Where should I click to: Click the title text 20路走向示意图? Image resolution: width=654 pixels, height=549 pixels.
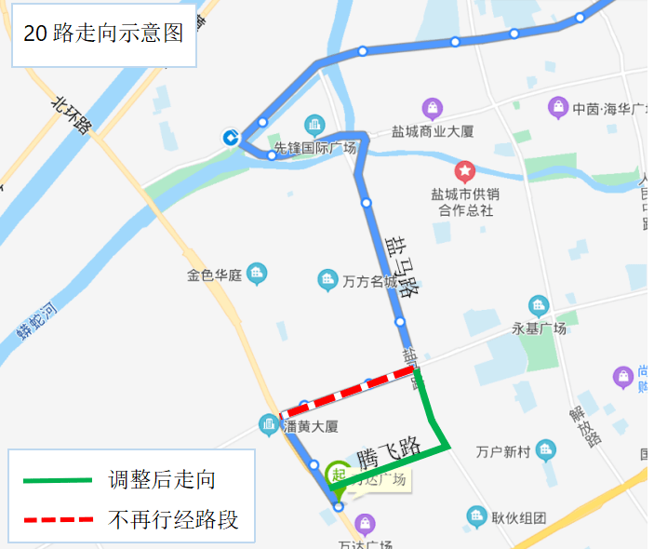tap(103, 34)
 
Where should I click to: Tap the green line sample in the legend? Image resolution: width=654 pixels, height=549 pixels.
tap(58, 480)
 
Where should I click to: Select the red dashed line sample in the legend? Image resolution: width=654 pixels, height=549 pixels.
tap(58, 518)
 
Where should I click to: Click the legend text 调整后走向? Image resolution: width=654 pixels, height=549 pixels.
tap(162, 480)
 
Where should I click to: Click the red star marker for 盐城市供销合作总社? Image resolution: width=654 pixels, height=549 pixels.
tap(464, 171)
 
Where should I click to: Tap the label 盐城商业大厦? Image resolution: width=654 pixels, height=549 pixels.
tap(433, 132)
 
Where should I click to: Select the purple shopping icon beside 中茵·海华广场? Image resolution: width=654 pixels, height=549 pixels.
tap(557, 107)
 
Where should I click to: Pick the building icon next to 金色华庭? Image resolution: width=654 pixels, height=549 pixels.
tap(257, 274)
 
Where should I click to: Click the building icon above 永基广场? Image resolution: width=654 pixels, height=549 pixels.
tap(539, 305)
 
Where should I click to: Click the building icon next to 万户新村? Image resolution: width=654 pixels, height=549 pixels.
tap(546, 450)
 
